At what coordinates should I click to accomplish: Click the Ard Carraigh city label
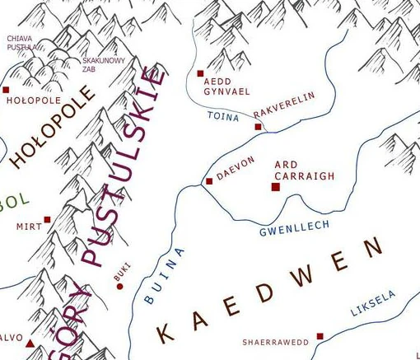304,171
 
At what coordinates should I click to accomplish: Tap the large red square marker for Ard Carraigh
276,187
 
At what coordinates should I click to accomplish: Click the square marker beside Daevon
209,181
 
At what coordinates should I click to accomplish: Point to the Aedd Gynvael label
221,86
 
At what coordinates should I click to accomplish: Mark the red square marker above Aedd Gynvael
201,73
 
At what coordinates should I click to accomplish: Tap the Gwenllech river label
294,228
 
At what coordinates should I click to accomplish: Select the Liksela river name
373,303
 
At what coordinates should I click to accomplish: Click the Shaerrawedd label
275,342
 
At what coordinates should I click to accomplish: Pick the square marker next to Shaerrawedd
320,336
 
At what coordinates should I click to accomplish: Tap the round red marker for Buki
120,287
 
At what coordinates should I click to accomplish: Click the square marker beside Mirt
48,220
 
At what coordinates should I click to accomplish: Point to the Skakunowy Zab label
104,65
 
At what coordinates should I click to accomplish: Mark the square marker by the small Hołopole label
6,90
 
